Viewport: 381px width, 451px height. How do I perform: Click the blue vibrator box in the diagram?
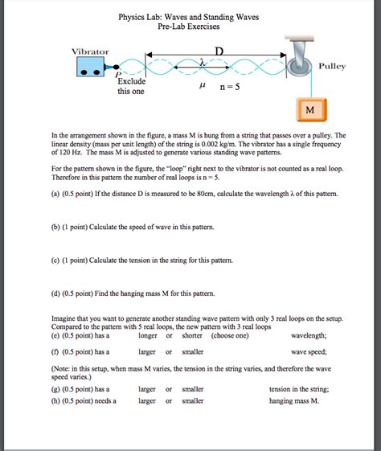[93, 69]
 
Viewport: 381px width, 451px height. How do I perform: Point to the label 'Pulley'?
[332, 66]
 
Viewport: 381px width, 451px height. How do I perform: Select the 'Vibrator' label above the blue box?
[91, 51]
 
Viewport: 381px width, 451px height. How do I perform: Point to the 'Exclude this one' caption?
[131, 87]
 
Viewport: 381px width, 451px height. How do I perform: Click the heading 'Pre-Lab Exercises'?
[190, 27]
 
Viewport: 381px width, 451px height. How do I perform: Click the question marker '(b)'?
[56, 228]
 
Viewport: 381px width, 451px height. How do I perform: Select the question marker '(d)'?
[56, 293]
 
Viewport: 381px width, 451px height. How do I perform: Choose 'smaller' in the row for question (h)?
[193, 400]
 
